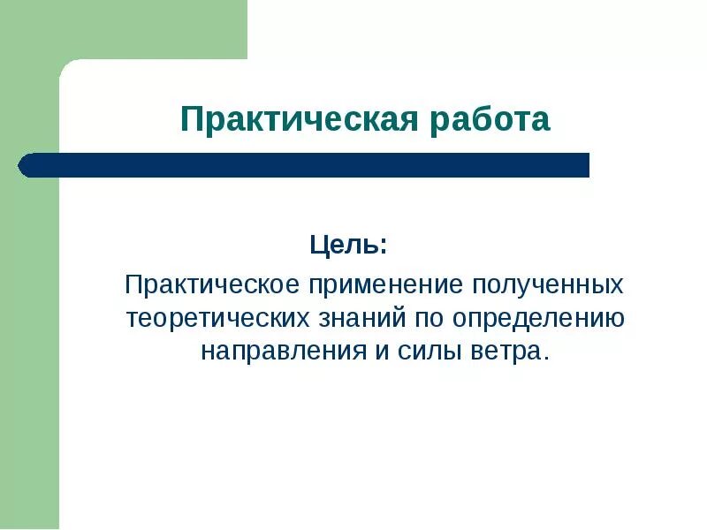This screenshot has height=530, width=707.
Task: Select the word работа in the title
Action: (490, 119)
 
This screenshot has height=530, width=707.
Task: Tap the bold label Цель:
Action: (347, 245)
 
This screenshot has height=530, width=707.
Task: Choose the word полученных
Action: (549, 285)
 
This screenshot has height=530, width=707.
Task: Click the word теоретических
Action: (218, 317)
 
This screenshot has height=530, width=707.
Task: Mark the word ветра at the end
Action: (505, 350)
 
